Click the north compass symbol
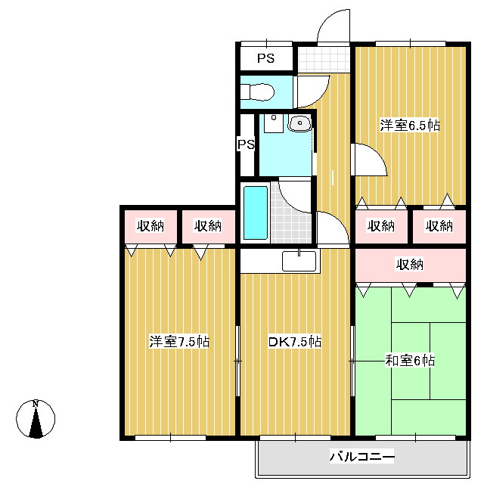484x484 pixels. [36, 418]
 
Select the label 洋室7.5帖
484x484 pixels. [179, 342]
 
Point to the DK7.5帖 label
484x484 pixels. [295, 342]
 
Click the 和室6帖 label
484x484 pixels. [410, 361]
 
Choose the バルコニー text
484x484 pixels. [361, 457]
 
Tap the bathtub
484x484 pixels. [256, 212]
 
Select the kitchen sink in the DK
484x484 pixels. [300, 261]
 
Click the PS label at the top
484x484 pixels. [265, 58]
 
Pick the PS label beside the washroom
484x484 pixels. [247, 144]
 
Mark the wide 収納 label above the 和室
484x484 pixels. [410, 265]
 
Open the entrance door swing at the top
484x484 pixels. [333, 29]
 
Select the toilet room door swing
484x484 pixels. [310, 91]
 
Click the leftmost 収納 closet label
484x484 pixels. [150, 225]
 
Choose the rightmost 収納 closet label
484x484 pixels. [439, 225]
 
